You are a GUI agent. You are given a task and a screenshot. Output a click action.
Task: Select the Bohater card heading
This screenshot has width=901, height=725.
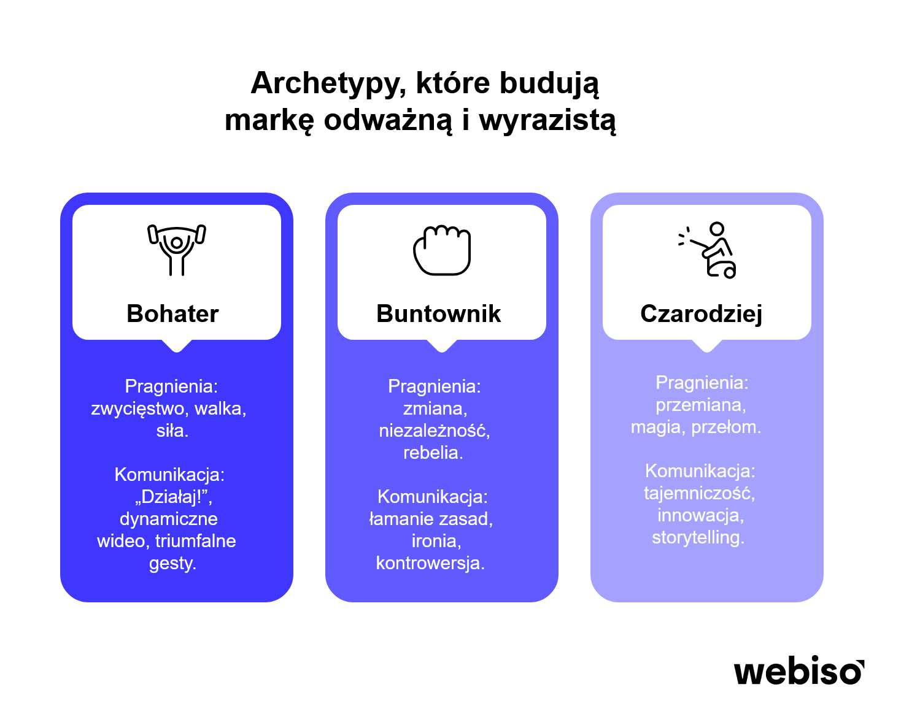[172, 313]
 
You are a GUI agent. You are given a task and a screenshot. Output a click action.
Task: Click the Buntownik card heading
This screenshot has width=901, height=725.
[438, 313]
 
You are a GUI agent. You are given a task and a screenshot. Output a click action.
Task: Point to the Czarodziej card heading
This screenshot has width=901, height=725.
[702, 314]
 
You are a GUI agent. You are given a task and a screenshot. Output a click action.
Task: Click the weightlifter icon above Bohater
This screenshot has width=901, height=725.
[177, 250]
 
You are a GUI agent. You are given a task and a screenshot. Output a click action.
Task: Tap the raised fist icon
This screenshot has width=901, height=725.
[442, 250]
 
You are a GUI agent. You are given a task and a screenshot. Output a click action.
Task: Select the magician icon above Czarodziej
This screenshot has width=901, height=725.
[706, 250]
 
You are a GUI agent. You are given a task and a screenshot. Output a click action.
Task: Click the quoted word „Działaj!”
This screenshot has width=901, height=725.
[173, 497]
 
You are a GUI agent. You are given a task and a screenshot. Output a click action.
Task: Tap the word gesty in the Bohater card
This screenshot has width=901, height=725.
[172, 564]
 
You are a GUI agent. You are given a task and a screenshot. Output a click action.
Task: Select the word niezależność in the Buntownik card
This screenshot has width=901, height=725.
[434, 431]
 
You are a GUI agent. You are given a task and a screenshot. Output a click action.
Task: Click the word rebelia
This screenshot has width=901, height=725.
[433, 453]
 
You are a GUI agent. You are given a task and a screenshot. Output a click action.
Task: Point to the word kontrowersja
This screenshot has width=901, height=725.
[430, 562]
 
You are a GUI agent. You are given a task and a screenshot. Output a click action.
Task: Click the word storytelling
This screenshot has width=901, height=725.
[698, 537]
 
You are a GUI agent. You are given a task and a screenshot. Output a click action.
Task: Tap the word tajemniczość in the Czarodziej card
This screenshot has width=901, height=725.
[699, 494]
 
